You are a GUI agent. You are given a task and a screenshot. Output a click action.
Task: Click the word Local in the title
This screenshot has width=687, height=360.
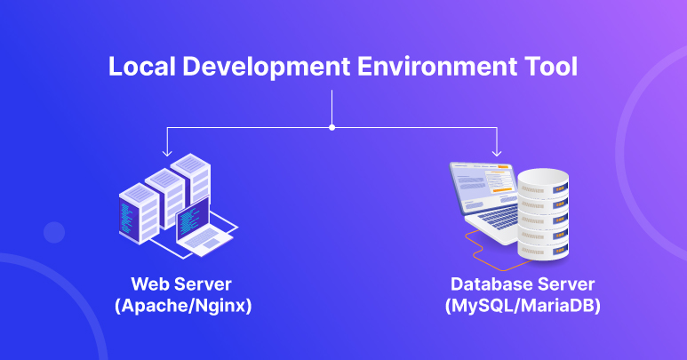click(x=141, y=67)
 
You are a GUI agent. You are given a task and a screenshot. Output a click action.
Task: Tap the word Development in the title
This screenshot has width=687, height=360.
click(x=266, y=68)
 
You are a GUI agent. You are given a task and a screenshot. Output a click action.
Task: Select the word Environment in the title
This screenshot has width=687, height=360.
click(x=436, y=67)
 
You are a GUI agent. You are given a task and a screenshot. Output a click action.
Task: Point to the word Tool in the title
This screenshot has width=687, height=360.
click(x=551, y=67)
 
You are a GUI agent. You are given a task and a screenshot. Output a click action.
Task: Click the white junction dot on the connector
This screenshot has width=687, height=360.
click(x=332, y=127)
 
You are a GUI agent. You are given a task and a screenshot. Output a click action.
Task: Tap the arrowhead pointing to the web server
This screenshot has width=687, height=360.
click(x=167, y=153)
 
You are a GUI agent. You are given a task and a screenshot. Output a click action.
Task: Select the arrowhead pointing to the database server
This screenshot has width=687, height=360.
click(x=497, y=153)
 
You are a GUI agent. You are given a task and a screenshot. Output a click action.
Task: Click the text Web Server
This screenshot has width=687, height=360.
click(x=181, y=284)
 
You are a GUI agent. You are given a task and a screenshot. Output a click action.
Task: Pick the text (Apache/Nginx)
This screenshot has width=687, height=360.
click(x=183, y=306)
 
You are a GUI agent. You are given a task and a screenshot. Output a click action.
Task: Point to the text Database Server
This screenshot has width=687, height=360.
click(x=523, y=284)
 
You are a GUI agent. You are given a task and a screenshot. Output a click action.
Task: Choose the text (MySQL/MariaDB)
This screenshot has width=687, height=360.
click(x=523, y=306)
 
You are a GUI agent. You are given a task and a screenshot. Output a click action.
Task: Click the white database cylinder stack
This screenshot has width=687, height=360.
click(x=543, y=214)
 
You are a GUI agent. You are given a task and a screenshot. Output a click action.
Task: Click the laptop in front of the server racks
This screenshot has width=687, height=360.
click(x=203, y=228)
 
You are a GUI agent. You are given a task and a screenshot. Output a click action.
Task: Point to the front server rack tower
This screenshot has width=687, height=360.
click(x=139, y=213)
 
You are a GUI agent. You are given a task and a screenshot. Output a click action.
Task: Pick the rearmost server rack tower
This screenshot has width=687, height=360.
click(x=190, y=178)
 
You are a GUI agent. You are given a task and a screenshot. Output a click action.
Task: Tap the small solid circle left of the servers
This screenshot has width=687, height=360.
click(x=54, y=233)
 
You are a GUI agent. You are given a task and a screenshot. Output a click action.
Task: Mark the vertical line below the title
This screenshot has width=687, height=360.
click(x=332, y=108)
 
